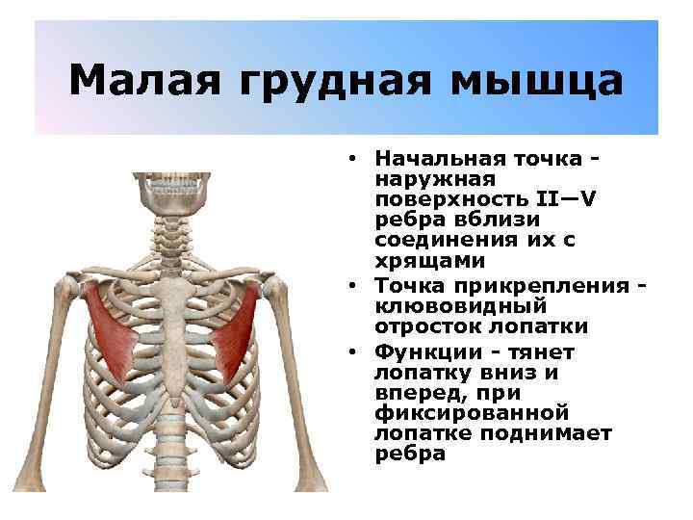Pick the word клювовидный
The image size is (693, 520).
click(x=459, y=306)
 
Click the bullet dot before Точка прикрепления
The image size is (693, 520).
click(x=354, y=285)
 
